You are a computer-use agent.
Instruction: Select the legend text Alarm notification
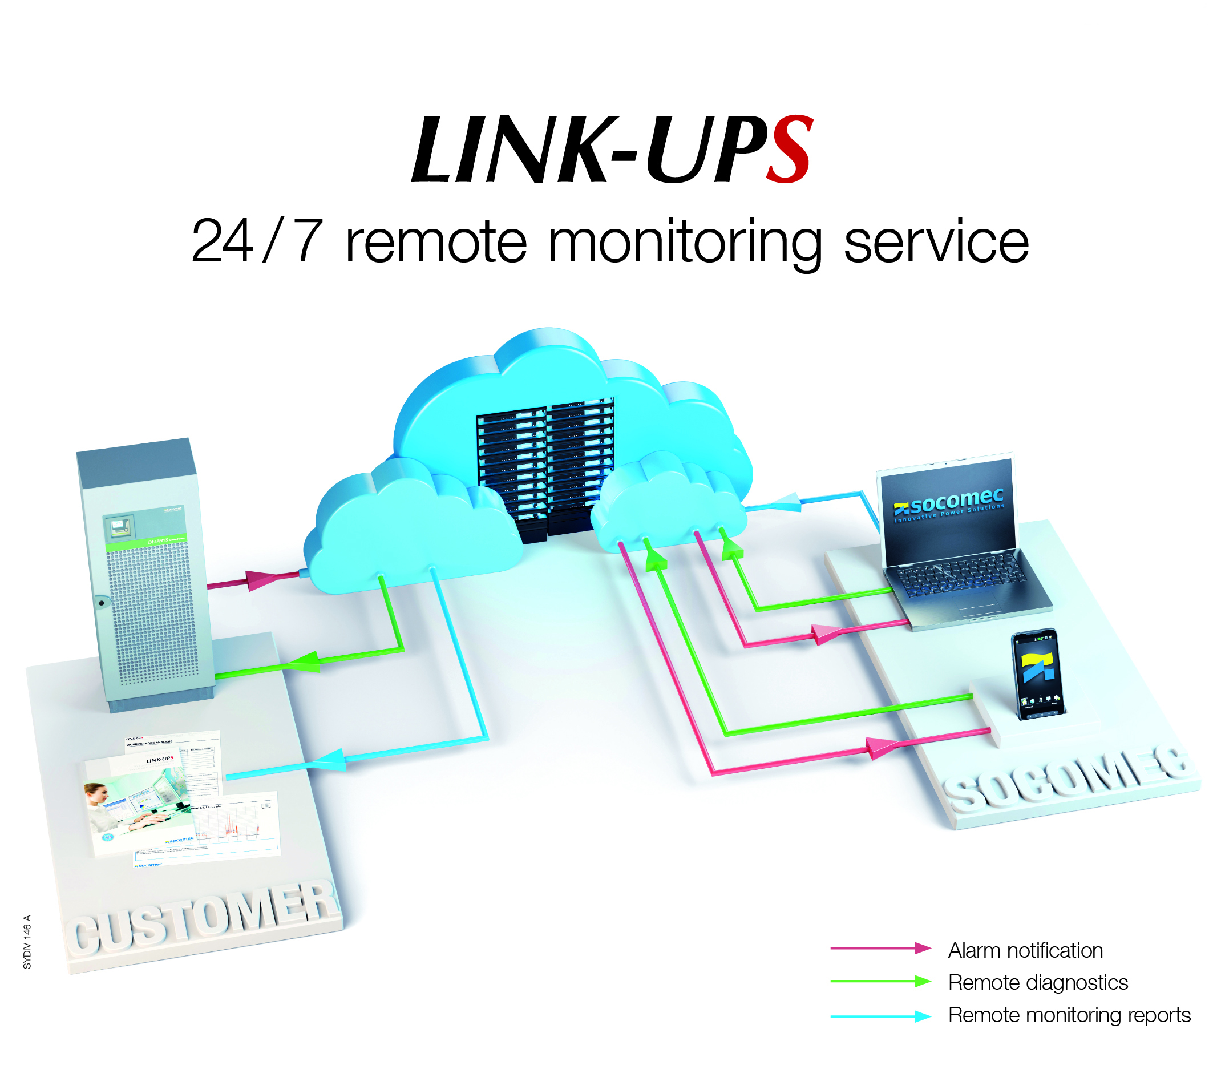1025,950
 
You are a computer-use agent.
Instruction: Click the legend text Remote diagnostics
1037,982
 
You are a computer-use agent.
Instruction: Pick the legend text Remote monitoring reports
1069,1015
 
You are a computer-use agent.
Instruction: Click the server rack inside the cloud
545,466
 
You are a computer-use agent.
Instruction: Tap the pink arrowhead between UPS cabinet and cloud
260,579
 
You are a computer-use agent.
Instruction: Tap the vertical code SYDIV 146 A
27,942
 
